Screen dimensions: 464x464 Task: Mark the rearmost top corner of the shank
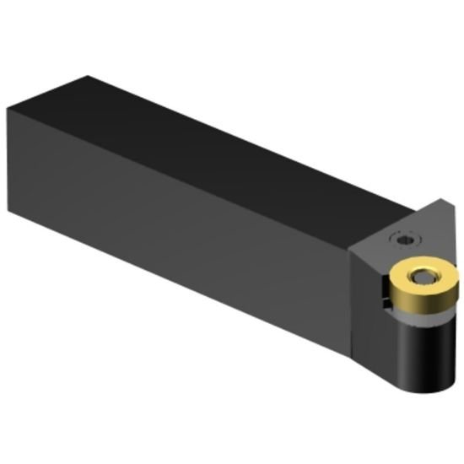[84, 77]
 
